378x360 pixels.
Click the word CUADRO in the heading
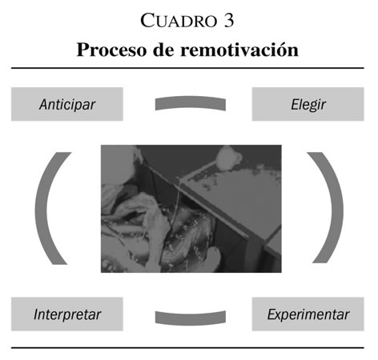click(x=179, y=21)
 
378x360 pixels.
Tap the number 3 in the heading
click(x=229, y=21)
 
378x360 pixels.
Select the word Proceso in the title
click(x=111, y=50)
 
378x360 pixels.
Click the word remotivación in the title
click(x=239, y=50)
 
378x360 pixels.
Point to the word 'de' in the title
click(x=163, y=50)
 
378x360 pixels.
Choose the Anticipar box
click(x=67, y=104)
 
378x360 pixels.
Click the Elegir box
click(x=308, y=104)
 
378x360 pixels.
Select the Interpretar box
click(x=67, y=314)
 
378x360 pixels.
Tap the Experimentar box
click(x=308, y=314)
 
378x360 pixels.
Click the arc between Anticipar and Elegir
click(x=191, y=102)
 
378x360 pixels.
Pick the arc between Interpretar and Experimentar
click(x=191, y=319)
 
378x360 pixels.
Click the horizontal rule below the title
click(x=187, y=68)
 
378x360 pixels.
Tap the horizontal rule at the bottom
click(x=187, y=348)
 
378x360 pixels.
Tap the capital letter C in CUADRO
click(x=147, y=21)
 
